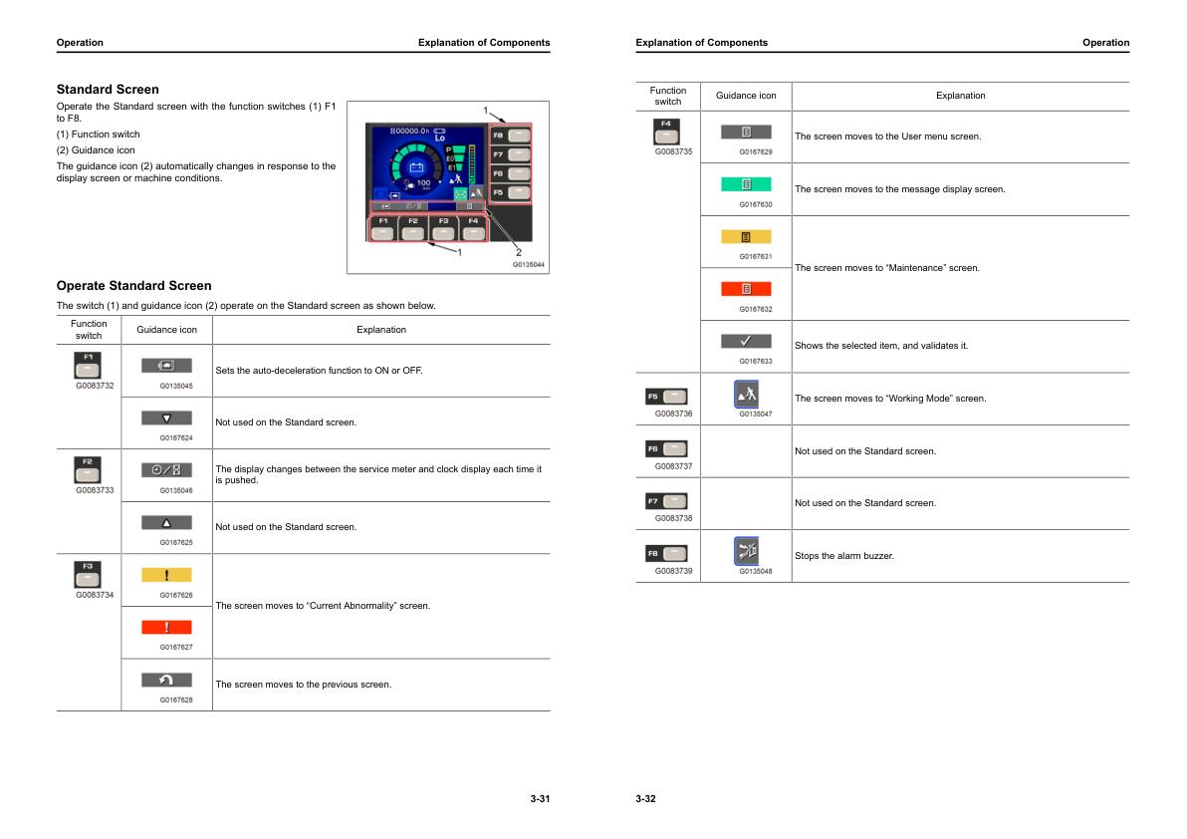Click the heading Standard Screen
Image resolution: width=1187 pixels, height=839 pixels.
pos(108,90)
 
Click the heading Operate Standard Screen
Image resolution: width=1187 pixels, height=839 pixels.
pos(133,286)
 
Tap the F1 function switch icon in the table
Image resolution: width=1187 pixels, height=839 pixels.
pos(89,364)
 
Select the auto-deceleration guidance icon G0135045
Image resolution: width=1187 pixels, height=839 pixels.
pos(166,366)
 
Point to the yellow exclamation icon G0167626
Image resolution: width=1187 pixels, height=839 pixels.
pos(166,575)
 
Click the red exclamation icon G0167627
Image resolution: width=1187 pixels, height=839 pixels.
pos(166,627)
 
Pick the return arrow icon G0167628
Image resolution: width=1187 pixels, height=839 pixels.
pos(166,680)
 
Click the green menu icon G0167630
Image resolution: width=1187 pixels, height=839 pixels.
pos(746,184)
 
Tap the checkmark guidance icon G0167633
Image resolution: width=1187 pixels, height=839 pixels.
pos(746,341)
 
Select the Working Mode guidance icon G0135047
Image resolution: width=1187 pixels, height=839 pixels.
pos(746,394)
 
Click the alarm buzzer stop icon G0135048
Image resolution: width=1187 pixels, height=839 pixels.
pos(746,550)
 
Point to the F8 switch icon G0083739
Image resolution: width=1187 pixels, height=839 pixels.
pos(667,553)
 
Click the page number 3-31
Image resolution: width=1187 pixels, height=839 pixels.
pos(540,799)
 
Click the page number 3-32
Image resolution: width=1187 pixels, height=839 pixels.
pos(645,799)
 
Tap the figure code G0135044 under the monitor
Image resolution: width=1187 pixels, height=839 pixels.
pos(528,265)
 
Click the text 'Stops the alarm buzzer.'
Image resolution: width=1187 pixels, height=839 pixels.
pos(843,556)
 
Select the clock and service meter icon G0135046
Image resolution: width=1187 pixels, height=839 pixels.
pos(166,470)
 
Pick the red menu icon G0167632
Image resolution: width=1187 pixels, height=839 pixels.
pos(746,289)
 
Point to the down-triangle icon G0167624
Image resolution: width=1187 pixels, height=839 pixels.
pos(166,419)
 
